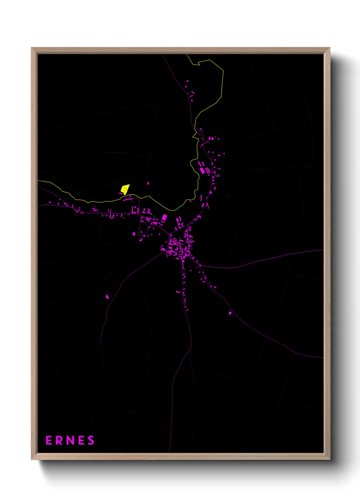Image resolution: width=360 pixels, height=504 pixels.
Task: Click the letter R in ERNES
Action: (x=60, y=440)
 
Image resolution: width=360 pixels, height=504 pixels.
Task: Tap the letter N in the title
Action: (x=70, y=440)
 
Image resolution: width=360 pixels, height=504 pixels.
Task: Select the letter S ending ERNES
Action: (x=91, y=440)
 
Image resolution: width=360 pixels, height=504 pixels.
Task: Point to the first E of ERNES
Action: (x=49, y=440)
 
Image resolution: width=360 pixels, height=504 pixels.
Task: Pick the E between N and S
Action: (x=81, y=440)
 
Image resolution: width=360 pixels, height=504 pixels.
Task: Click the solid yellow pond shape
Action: (x=125, y=189)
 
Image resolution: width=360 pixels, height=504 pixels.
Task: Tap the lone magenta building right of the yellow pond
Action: (x=148, y=183)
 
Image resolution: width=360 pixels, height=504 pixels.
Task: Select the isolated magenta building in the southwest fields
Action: (x=107, y=297)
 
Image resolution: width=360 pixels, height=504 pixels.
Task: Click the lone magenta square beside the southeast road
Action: (x=230, y=313)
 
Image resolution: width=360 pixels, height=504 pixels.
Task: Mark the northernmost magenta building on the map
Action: (x=187, y=81)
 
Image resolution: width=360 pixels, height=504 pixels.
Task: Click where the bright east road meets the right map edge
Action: (x=323, y=250)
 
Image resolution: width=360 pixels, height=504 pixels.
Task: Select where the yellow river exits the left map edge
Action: (x=38, y=181)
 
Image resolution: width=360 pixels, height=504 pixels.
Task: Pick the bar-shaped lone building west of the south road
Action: (x=178, y=292)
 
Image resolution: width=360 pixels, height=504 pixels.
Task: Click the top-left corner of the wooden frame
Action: (x=32, y=48)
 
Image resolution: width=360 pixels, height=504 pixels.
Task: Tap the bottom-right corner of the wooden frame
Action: (x=329, y=459)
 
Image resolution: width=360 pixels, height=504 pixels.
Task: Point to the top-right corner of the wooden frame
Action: (x=329, y=48)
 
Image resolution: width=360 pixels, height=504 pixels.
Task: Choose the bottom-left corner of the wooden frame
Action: (x=32, y=459)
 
